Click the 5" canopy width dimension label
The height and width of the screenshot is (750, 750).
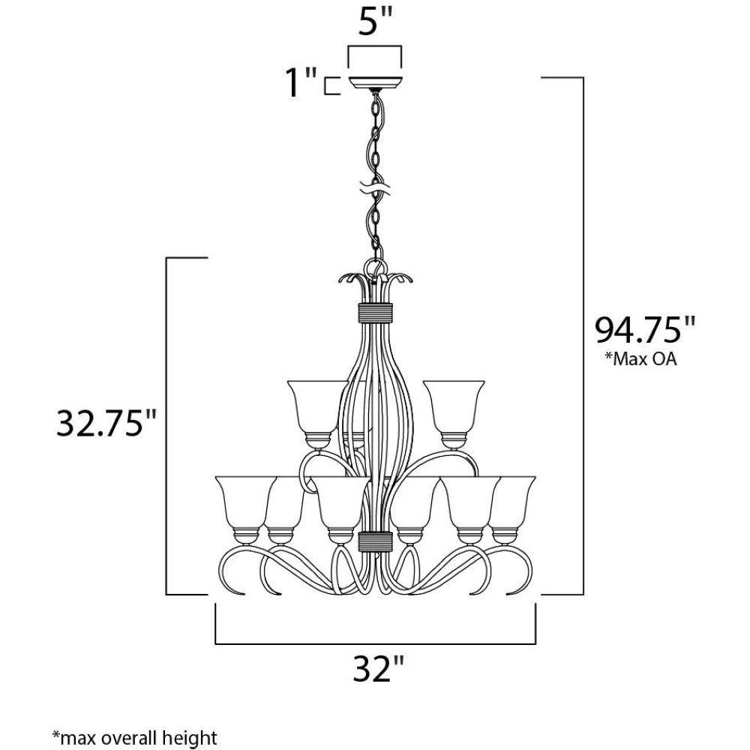[x=375, y=21]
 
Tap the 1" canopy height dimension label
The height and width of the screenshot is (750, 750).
[x=301, y=82]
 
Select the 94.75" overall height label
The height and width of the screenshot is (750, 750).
[x=644, y=330]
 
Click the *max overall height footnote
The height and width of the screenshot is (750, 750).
[x=134, y=737]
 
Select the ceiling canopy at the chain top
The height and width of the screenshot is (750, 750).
[x=376, y=82]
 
